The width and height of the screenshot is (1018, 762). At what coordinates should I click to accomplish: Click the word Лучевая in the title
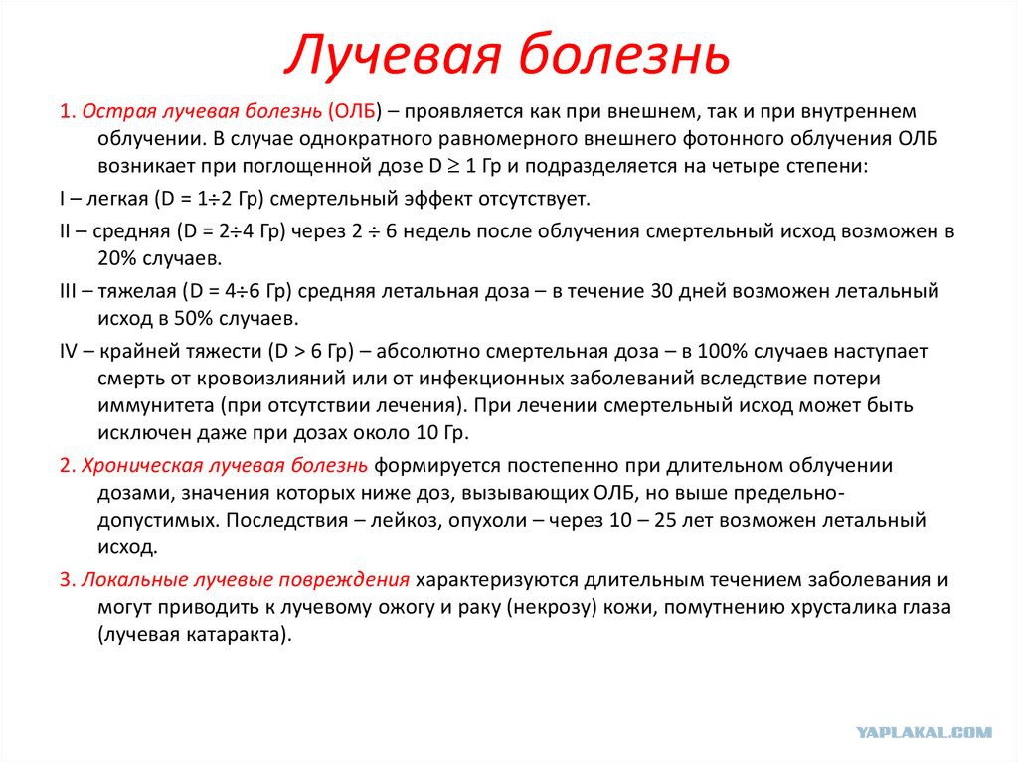coord(394,55)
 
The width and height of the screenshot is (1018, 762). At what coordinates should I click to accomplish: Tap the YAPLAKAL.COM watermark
coord(924,732)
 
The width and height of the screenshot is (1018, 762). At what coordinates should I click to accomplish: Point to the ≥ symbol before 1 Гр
coord(453,166)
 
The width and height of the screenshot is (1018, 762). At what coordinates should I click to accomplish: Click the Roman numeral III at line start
coord(68,291)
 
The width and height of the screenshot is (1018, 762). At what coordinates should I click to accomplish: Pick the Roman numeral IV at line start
coord(69,351)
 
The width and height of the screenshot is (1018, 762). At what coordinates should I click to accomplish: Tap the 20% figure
coord(117,258)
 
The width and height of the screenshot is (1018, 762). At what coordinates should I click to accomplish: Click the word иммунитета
coord(156,405)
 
